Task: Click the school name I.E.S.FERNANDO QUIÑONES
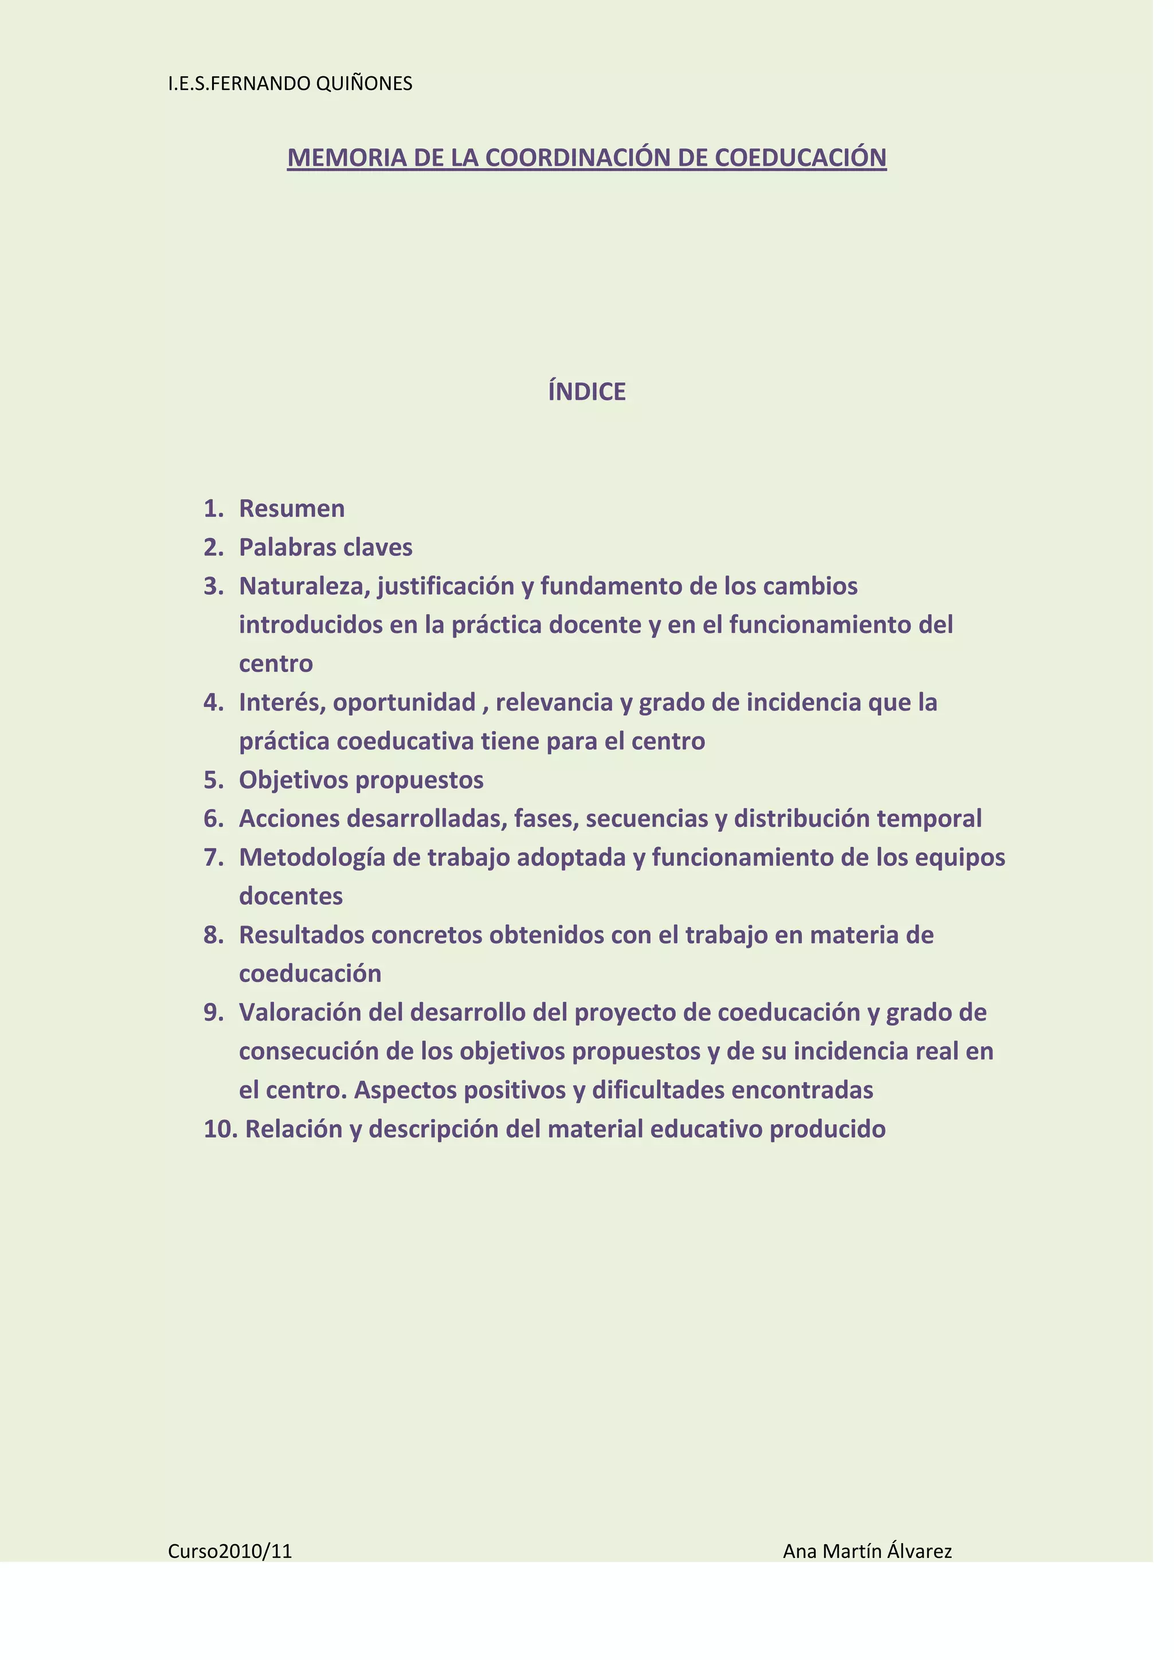coord(290,84)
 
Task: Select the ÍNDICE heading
coord(586,392)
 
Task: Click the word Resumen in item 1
coord(291,509)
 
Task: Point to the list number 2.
coord(213,548)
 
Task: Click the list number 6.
coord(213,819)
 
